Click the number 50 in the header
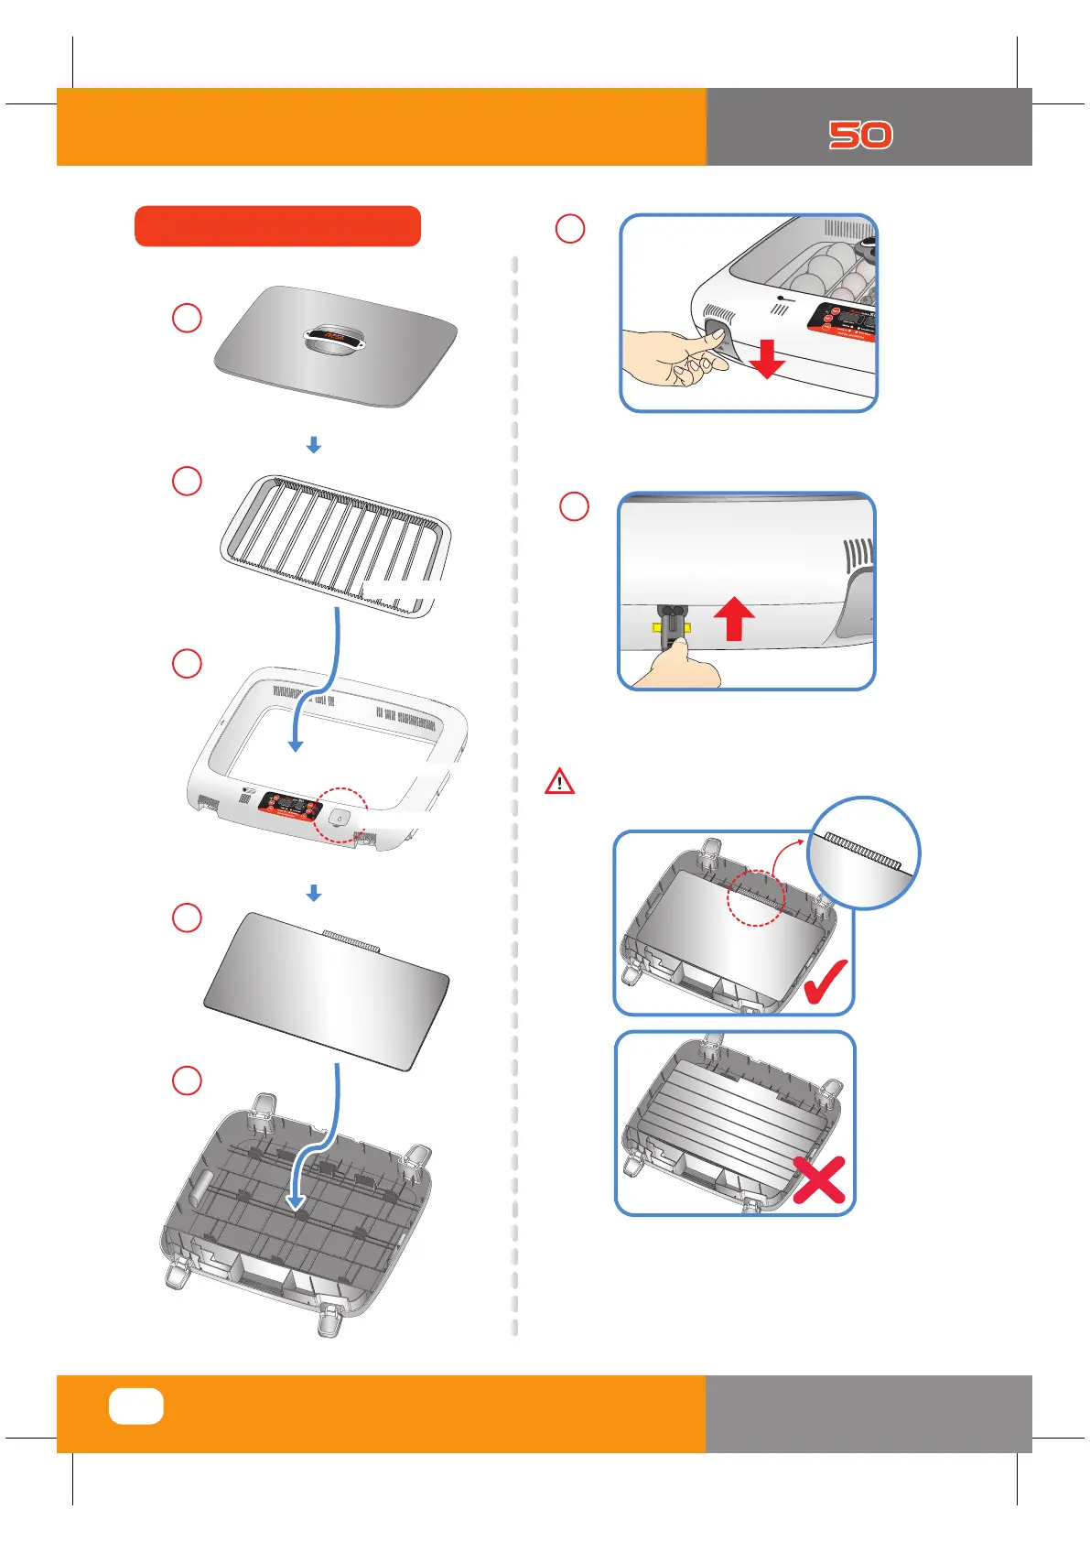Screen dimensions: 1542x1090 [860, 136]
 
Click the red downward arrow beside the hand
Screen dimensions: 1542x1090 [767, 359]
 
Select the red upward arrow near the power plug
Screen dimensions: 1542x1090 [733, 619]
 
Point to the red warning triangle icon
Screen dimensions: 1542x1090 [559, 782]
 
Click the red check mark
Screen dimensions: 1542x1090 [826, 981]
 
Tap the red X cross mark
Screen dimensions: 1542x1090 [818, 1178]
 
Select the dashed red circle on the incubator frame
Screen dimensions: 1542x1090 [340, 814]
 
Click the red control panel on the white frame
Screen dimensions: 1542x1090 [289, 807]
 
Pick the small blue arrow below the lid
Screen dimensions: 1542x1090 [313, 445]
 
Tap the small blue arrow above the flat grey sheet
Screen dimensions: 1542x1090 [313, 893]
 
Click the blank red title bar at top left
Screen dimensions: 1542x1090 [277, 226]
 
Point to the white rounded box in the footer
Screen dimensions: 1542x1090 [136, 1406]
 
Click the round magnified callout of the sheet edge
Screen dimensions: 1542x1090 [864, 852]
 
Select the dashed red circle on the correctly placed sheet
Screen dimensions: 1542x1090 [756, 897]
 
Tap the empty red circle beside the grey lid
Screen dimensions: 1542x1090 [187, 318]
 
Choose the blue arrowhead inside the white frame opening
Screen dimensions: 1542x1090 [295, 745]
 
